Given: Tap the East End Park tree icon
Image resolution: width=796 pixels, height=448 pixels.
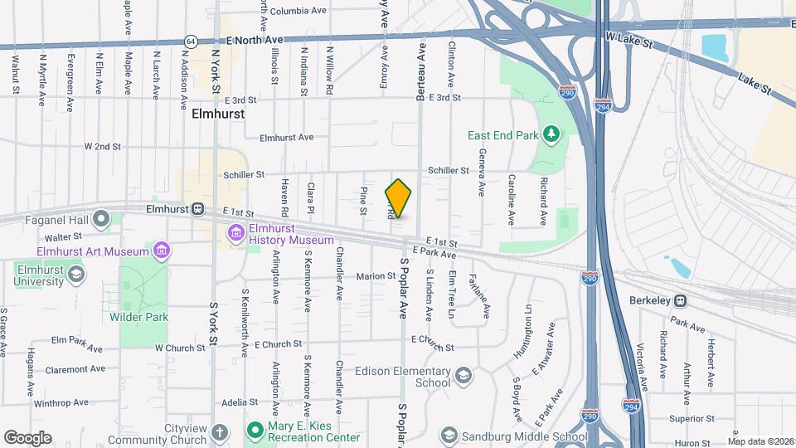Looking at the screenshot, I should [x=550, y=134].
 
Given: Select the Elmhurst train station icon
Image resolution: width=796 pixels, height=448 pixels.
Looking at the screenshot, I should [x=198, y=210].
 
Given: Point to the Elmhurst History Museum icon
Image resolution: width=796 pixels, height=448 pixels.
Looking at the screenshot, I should [x=237, y=233].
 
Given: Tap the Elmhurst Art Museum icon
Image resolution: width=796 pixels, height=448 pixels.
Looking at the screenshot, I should [x=162, y=250].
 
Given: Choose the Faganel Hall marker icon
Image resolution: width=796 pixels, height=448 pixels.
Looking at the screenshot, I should [x=102, y=219].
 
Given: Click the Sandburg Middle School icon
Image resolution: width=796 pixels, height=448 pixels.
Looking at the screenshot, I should [x=449, y=436].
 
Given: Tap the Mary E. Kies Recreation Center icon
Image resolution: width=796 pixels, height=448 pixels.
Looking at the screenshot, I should [x=255, y=430].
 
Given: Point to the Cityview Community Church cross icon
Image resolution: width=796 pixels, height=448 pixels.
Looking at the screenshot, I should [x=219, y=432].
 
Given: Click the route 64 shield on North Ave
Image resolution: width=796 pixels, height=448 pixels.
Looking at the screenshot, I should [x=192, y=41].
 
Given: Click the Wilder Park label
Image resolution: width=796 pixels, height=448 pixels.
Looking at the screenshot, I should [x=138, y=317].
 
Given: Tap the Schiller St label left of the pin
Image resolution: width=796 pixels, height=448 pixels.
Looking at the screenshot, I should [x=244, y=175].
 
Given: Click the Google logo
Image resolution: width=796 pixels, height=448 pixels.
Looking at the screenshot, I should [x=27, y=438].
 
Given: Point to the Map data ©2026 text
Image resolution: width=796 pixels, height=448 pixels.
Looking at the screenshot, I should [x=760, y=441].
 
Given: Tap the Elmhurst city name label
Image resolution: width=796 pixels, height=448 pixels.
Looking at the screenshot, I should [x=218, y=113].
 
